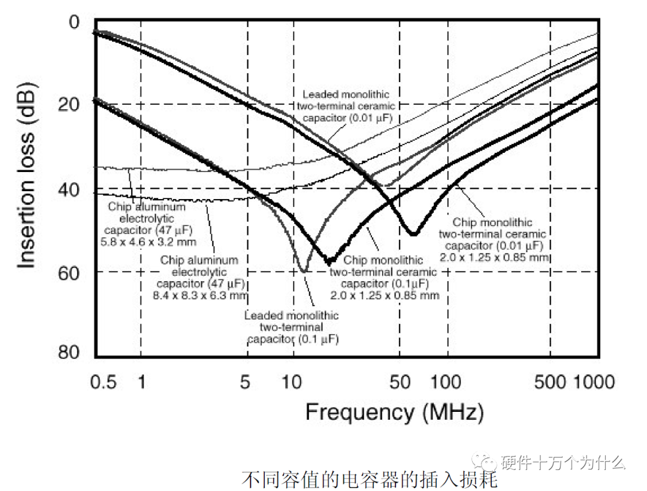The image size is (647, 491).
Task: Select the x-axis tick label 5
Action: click(245, 382)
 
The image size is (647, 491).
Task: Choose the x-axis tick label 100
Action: click(446, 382)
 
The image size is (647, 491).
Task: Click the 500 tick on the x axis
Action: click(549, 382)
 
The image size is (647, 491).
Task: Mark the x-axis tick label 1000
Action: click(595, 382)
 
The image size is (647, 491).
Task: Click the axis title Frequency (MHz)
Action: click(394, 412)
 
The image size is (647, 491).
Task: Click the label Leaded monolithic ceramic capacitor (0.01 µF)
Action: click(346, 106)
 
